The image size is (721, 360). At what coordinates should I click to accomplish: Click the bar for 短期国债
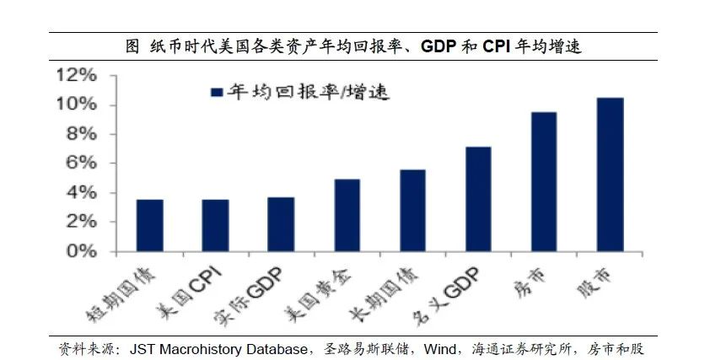pos(149,225)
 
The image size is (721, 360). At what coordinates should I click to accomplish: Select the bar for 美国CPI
pos(215,225)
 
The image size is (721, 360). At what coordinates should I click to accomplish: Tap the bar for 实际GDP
pos(281,224)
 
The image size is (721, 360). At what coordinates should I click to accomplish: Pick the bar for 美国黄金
pos(347,215)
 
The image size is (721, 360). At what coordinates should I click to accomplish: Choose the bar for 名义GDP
pos(478,199)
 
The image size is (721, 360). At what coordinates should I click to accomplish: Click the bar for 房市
pos(544,181)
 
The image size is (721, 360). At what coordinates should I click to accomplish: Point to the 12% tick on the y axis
pos(77,76)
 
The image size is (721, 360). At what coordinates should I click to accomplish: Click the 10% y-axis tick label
pos(77,105)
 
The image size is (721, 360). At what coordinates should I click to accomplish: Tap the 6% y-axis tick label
pos(82,164)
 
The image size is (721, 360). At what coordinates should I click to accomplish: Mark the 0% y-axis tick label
pos(82,252)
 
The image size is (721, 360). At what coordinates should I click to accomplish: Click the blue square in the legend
pos(215,92)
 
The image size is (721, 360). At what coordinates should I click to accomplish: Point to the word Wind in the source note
pos(460,348)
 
